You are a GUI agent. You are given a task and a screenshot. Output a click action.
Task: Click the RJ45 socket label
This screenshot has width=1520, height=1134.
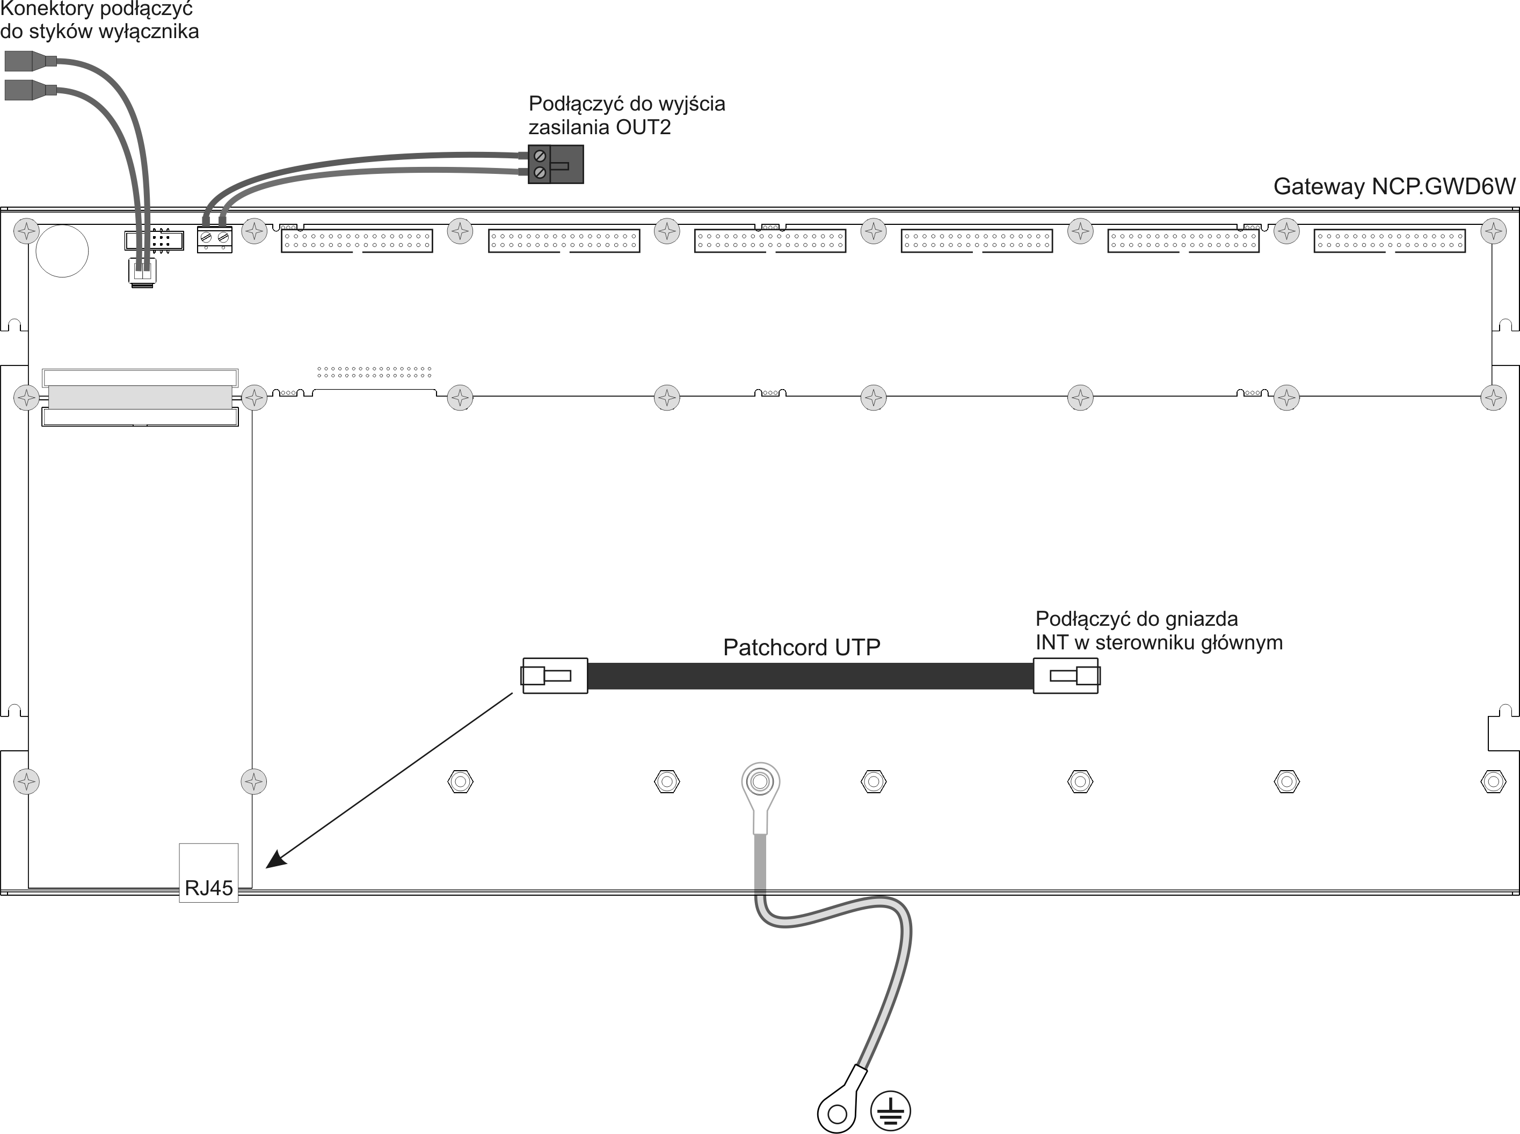coord(209,888)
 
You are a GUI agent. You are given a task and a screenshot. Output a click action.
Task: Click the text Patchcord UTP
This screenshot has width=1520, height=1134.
coord(801,647)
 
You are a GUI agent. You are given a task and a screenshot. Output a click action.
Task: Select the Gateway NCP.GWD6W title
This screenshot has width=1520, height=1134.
coord(1394,186)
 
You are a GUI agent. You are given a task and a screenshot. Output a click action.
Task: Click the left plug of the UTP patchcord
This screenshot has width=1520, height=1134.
coord(555,676)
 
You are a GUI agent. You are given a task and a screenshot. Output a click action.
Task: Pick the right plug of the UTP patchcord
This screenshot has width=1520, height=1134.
coord(1066,676)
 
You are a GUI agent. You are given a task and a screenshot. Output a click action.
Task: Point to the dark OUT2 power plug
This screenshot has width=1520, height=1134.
coord(555,164)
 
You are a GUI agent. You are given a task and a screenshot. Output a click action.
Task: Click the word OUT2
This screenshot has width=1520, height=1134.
coord(643,127)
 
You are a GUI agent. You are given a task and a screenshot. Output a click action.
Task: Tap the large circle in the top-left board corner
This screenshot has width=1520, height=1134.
coord(62,251)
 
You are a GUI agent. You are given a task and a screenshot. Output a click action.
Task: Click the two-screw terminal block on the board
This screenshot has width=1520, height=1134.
coord(214,239)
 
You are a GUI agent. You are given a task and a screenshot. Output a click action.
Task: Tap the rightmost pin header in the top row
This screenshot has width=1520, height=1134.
coord(1390,241)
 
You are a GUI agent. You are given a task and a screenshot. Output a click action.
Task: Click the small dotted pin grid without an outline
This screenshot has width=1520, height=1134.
coord(374,372)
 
